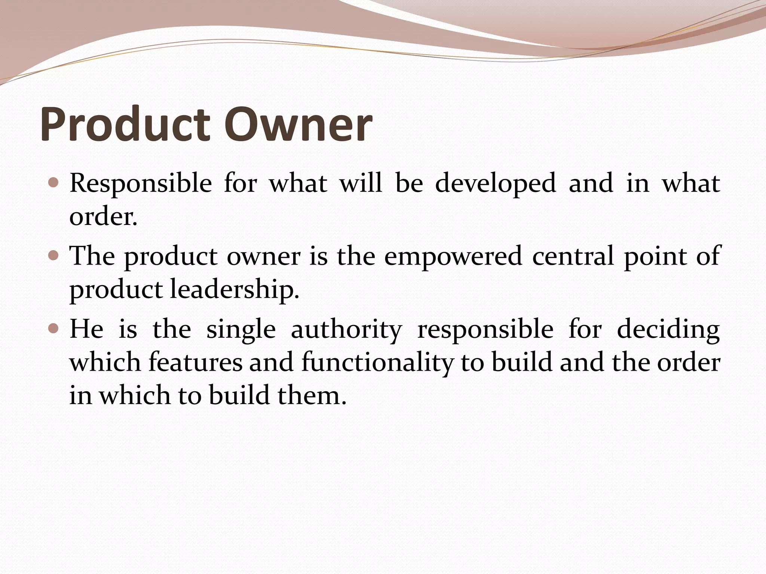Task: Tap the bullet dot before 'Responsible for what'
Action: point(54,183)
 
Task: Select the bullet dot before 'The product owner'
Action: point(54,256)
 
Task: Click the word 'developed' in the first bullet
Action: point(496,184)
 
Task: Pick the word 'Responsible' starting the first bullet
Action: point(141,184)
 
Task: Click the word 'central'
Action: point(573,256)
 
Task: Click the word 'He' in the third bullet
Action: point(86,329)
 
